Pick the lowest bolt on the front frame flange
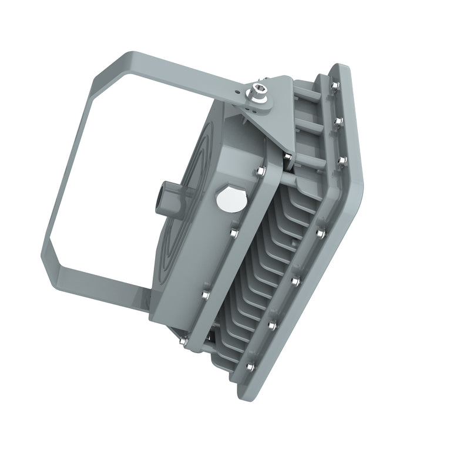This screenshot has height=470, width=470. [x=250, y=367]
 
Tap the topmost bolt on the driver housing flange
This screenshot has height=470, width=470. [x=260, y=172]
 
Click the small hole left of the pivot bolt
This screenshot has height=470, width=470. [x=237, y=92]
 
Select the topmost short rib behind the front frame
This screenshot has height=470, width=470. [x=308, y=93]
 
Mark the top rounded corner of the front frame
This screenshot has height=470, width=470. [x=341, y=68]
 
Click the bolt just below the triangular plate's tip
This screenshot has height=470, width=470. [x=287, y=156]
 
